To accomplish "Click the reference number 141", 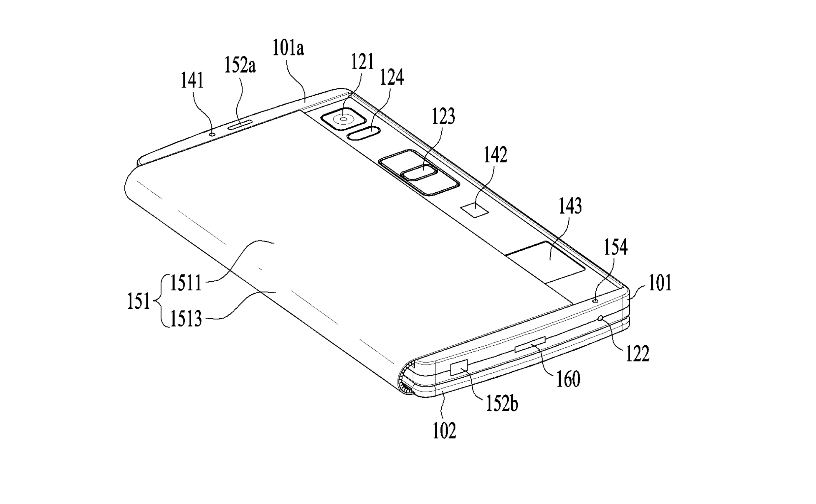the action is [x=192, y=81].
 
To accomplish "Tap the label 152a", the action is [x=240, y=65].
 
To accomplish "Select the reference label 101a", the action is [x=288, y=48].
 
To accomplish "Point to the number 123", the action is [x=443, y=116].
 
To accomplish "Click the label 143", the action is [x=570, y=206].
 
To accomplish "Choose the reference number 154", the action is [x=616, y=247].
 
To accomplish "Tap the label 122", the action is [x=638, y=354].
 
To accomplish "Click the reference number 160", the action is [x=568, y=379].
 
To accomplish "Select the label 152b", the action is [x=502, y=404].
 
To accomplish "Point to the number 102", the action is [x=444, y=430].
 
